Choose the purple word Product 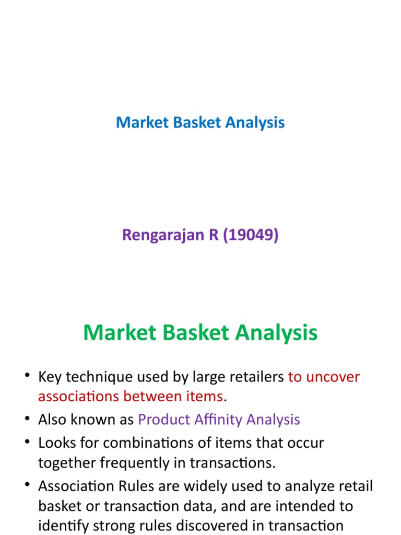coord(164,419)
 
